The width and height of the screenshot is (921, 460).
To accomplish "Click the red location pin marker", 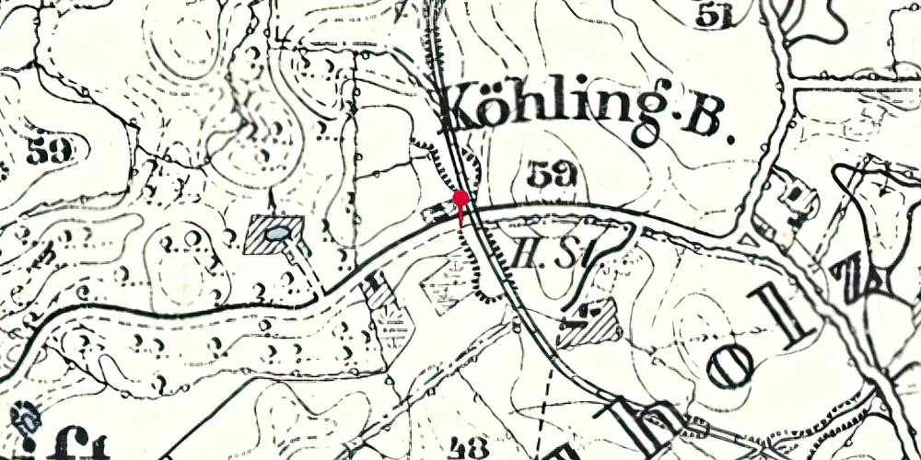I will pos(460,200).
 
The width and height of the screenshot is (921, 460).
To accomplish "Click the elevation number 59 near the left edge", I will pos(48,151).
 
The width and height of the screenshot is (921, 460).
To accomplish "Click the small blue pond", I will pos(276,236).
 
